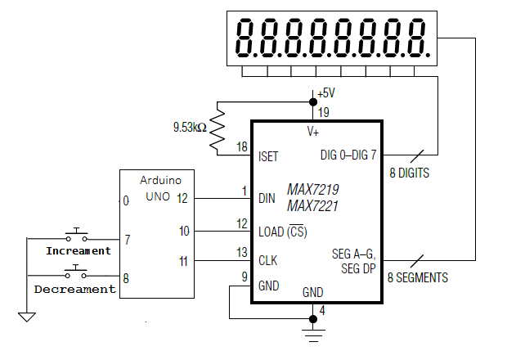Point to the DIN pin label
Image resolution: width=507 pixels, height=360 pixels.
[x=267, y=198]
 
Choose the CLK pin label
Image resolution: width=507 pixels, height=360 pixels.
[x=268, y=262]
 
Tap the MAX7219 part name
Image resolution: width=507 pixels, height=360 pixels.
[x=312, y=189]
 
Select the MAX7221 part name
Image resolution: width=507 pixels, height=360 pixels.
[x=312, y=206]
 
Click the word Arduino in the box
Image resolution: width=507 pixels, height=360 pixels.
[x=160, y=179]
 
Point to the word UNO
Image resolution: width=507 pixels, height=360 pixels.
[x=158, y=196]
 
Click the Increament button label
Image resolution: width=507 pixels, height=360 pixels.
[x=78, y=250]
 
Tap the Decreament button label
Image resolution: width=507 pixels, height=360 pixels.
[x=74, y=289]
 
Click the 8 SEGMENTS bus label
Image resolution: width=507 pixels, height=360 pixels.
[x=417, y=278]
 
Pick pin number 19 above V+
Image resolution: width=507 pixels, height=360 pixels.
[x=324, y=112]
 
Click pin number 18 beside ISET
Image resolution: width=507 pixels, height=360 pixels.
[x=241, y=146]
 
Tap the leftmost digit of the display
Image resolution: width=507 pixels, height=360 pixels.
[x=245, y=38]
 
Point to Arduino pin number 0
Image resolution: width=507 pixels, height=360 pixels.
[x=125, y=200]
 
